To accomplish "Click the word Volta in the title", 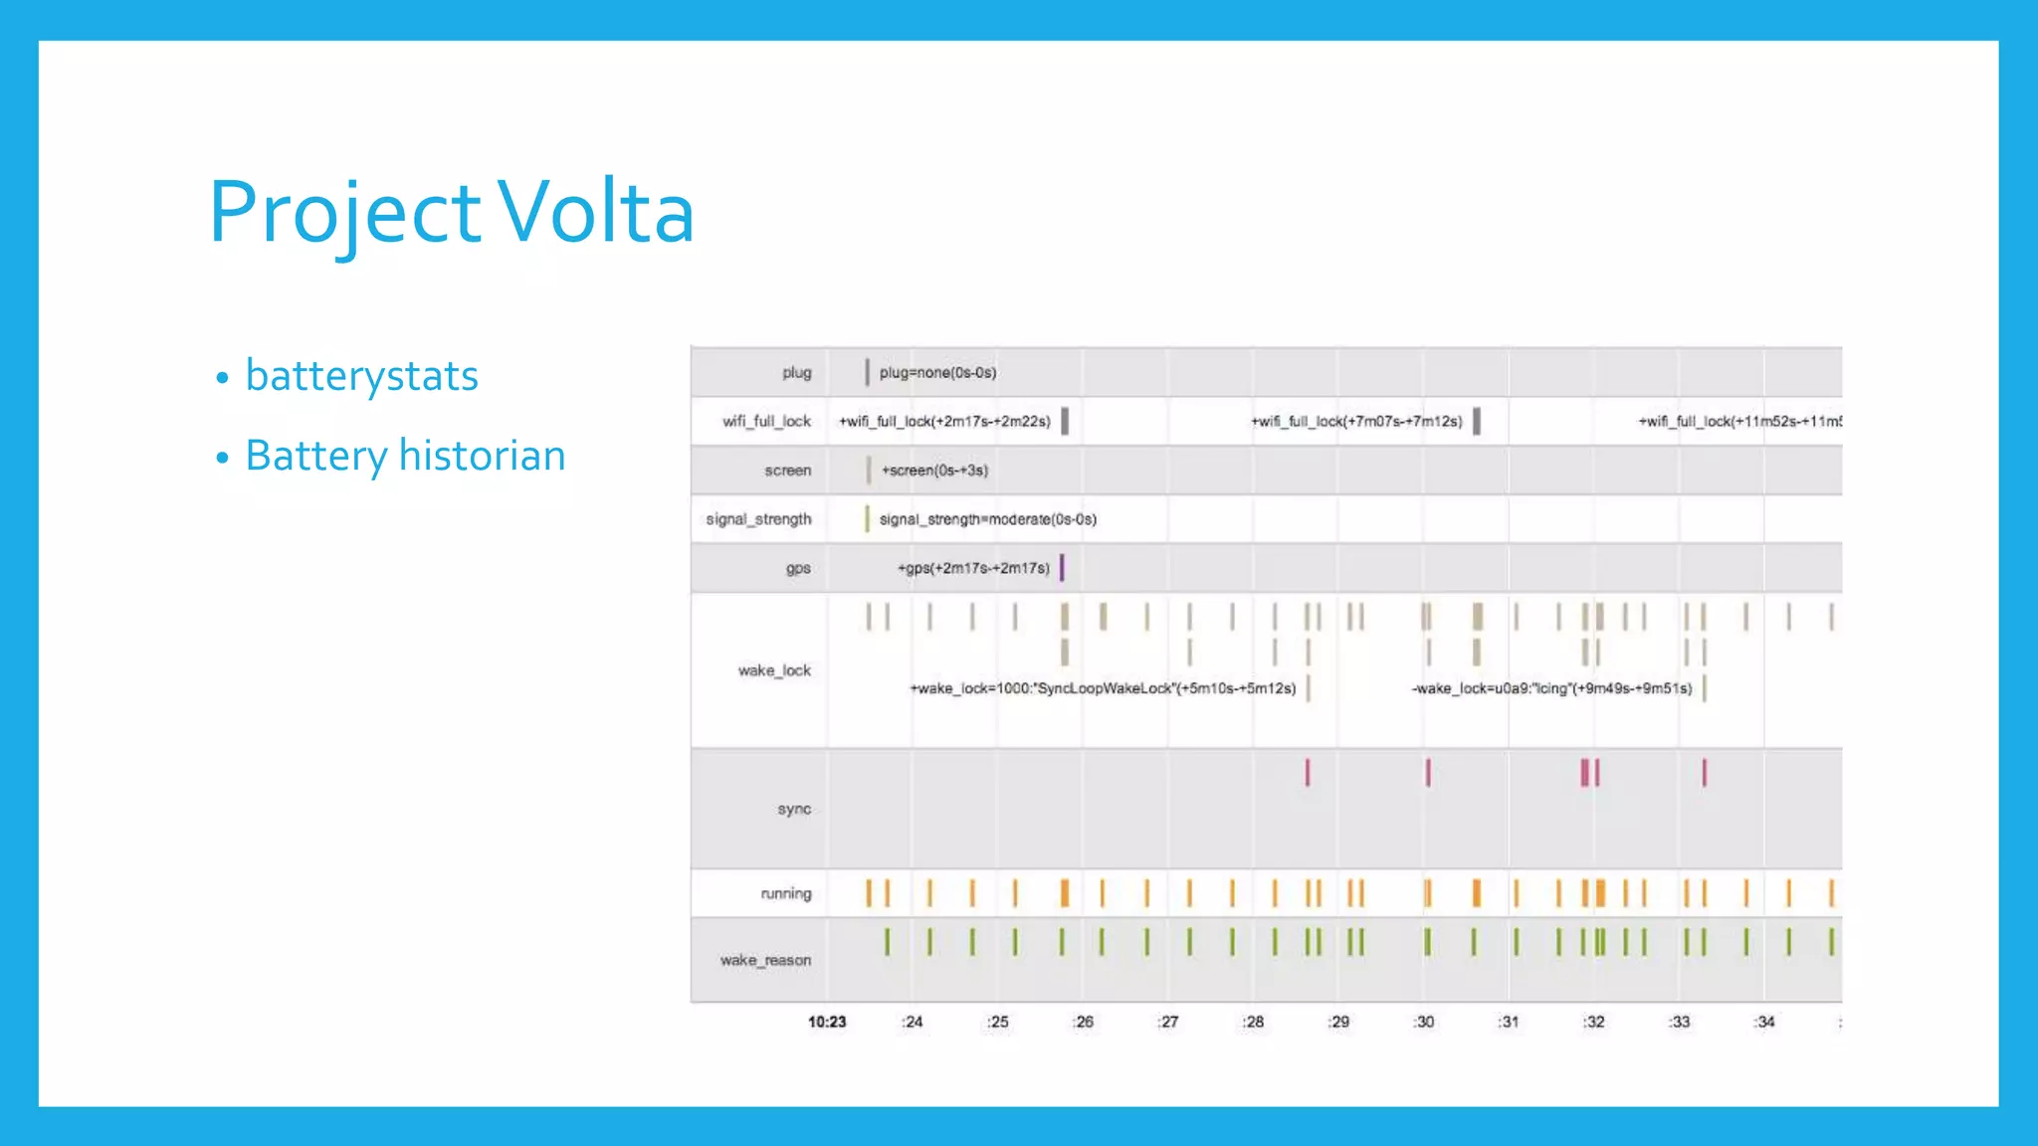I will click(595, 212).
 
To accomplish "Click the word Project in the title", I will click(345, 212).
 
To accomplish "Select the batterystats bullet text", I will click(361, 376).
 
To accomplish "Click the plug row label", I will click(796, 373).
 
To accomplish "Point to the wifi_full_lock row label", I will click(766, 422).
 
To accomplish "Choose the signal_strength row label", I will click(758, 519).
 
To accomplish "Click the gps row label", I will click(798, 568).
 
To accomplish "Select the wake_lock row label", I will click(774, 670).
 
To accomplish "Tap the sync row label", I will click(794, 809).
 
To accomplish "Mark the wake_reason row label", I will click(765, 960).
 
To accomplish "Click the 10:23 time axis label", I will click(827, 1022).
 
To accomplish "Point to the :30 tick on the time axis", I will click(1424, 1022).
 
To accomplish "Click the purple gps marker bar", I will click(1062, 567).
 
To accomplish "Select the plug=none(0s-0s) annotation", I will click(937, 373).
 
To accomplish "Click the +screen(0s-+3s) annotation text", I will click(934, 471).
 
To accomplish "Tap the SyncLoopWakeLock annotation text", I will click(1103, 688).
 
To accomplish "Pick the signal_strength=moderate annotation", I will click(987, 519).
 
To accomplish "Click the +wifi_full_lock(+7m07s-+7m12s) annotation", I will click(1356, 422).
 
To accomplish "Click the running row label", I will click(786, 893).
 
